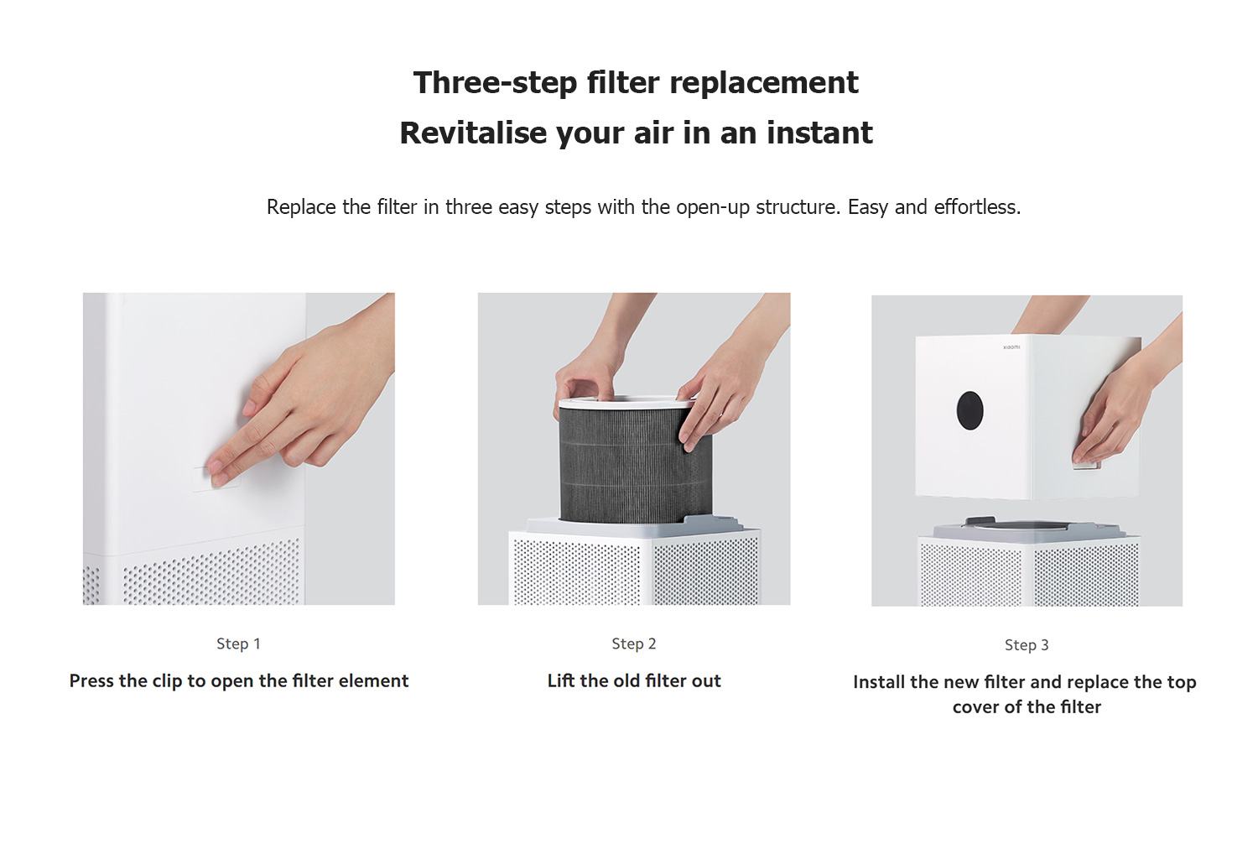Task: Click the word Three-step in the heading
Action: pos(495,83)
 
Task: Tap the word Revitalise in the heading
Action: pos(473,133)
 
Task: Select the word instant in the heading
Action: pos(819,133)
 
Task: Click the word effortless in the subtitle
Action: pos(977,206)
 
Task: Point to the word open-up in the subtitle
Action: pos(713,208)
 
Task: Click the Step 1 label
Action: pos(239,644)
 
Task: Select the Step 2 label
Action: pos(633,644)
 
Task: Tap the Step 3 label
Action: pos(1027,645)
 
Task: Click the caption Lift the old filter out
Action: pos(634,680)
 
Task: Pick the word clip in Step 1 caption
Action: pos(169,681)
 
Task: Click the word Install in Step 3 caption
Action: pos(879,682)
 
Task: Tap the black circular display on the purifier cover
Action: pos(969,410)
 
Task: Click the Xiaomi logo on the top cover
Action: pos(1011,347)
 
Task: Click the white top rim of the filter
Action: pos(626,403)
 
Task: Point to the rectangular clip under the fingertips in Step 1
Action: pos(216,479)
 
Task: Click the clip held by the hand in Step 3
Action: pos(1086,464)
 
